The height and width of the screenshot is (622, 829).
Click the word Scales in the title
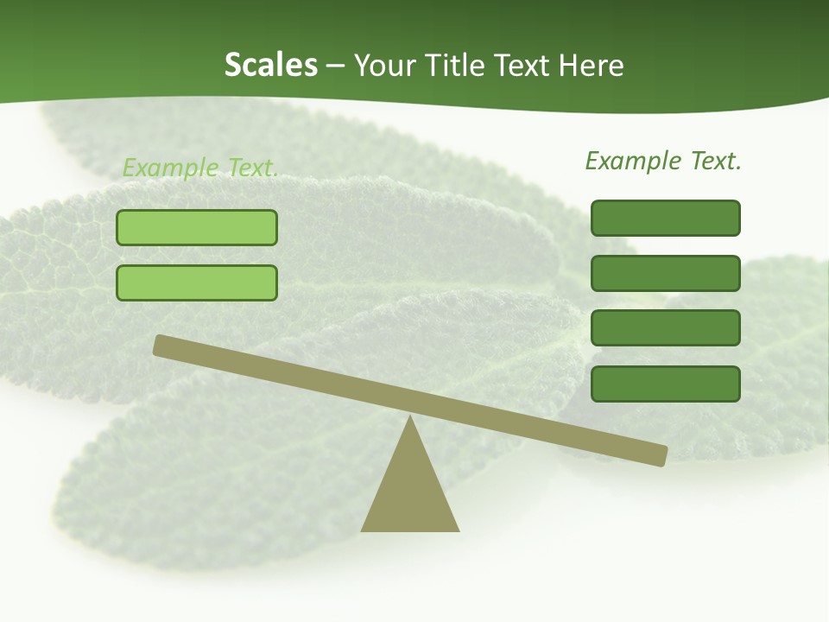(270, 65)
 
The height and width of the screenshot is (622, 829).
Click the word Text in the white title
(529, 65)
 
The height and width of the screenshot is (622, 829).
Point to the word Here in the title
(592, 66)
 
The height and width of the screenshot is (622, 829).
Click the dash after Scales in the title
(335, 67)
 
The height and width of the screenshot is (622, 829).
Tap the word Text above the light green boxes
(250, 168)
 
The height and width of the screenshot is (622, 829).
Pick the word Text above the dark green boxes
(713, 161)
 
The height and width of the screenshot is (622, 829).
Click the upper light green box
(197, 227)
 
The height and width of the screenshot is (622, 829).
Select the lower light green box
(197, 282)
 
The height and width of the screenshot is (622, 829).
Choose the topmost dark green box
(665, 218)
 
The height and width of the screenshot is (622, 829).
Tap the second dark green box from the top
(665, 273)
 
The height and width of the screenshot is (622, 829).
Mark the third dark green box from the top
(665, 327)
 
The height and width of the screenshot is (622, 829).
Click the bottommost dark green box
(665, 384)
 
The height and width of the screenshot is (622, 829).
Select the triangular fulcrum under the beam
(409, 492)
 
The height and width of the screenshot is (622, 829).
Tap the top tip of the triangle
(409, 418)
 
